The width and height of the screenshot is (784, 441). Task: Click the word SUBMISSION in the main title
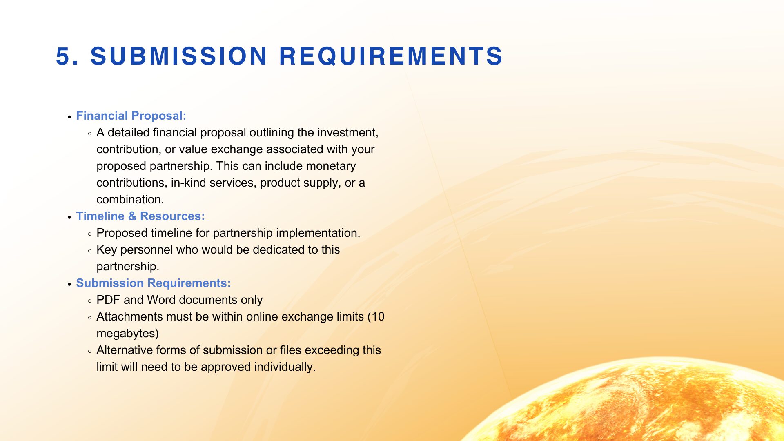point(179,56)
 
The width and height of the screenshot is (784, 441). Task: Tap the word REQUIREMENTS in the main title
point(391,56)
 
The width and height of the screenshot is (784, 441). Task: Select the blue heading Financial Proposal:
point(131,116)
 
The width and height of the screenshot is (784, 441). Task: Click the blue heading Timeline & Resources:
point(140,216)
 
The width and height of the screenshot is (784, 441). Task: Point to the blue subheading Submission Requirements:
point(154,283)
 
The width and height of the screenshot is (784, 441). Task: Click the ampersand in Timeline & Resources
point(132,216)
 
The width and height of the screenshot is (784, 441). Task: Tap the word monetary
point(331,166)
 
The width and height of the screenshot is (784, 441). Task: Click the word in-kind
point(188,183)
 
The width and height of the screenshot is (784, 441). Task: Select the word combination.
point(130,199)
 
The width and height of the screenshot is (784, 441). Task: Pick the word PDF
point(108,300)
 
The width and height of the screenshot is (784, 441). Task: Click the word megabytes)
point(127,334)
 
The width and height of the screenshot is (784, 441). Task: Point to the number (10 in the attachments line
point(376,317)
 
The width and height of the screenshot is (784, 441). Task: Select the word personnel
point(146,250)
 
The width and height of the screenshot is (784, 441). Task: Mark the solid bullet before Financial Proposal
point(69,117)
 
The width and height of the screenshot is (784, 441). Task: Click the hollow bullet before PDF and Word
point(90,301)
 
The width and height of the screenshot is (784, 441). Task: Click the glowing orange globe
point(637,404)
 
